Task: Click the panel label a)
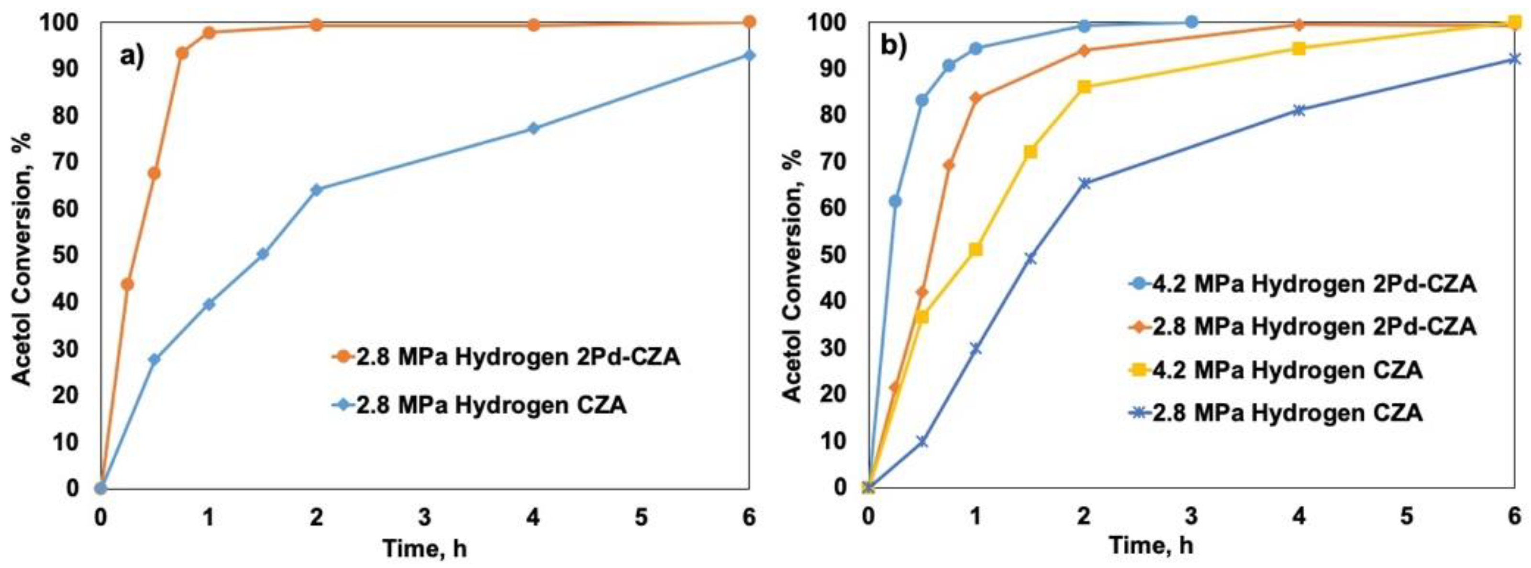coord(132,57)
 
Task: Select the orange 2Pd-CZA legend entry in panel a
coord(506,357)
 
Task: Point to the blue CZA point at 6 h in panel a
coord(749,55)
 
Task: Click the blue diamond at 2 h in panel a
coord(316,190)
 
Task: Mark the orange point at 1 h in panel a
coord(209,33)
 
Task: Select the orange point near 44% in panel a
coord(127,284)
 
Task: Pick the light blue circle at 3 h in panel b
coord(1191,22)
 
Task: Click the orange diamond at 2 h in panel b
coord(1084,51)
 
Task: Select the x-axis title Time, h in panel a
coord(424,548)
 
